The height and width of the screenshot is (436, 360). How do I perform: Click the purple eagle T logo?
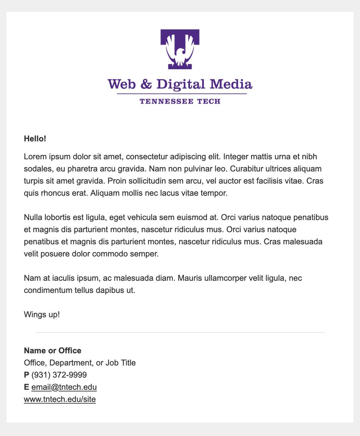pyautogui.click(x=180, y=49)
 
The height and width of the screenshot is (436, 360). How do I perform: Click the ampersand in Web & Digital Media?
pyautogui.click(x=146, y=84)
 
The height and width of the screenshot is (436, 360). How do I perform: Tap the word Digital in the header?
pyautogui.click(x=181, y=84)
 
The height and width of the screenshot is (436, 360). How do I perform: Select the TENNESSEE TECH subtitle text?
pyautogui.click(x=180, y=102)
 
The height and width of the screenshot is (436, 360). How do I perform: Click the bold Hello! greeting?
pyautogui.click(x=35, y=139)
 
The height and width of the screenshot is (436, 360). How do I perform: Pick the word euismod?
pyautogui.click(x=192, y=217)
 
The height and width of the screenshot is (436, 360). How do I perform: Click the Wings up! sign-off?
pyautogui.click(x=42, y=315)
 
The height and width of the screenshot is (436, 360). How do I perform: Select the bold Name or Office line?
pyautogui.click(x=53, y=351)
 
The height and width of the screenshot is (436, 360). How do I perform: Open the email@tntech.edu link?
pyautogui.click(x=64, y=387)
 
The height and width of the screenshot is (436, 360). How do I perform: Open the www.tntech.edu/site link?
pyautogui.click(x=60, y=399)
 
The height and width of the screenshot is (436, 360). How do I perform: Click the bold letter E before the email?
pyautogui.click(x=27, y=387)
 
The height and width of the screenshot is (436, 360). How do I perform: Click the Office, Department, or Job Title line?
pyautogui.click(x=80, y=363)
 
